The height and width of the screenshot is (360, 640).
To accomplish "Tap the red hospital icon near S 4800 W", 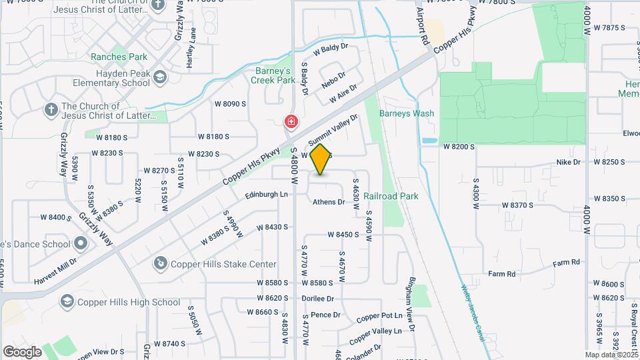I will coord(291,122).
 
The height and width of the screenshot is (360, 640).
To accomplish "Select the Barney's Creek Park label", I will coord(273,75).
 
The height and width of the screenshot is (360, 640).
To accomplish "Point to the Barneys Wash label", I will coord(407,113).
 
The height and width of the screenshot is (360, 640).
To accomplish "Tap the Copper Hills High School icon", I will coord(67,302).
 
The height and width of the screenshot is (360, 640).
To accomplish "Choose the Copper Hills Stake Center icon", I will coord(160,264).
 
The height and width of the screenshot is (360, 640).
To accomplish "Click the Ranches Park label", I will coord(119,57).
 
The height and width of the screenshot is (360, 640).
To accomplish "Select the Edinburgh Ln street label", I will coord(266,195).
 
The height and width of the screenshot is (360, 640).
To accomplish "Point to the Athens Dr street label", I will coord(329,202).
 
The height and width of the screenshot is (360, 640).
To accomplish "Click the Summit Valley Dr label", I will coord(333,129).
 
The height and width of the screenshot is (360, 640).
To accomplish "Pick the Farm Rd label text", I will coord(501,274).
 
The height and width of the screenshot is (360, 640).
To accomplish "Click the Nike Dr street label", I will coord(569,162).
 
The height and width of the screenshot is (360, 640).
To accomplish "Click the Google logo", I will coord(21,351).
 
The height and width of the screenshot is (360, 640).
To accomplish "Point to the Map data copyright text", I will coord(611,355).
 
